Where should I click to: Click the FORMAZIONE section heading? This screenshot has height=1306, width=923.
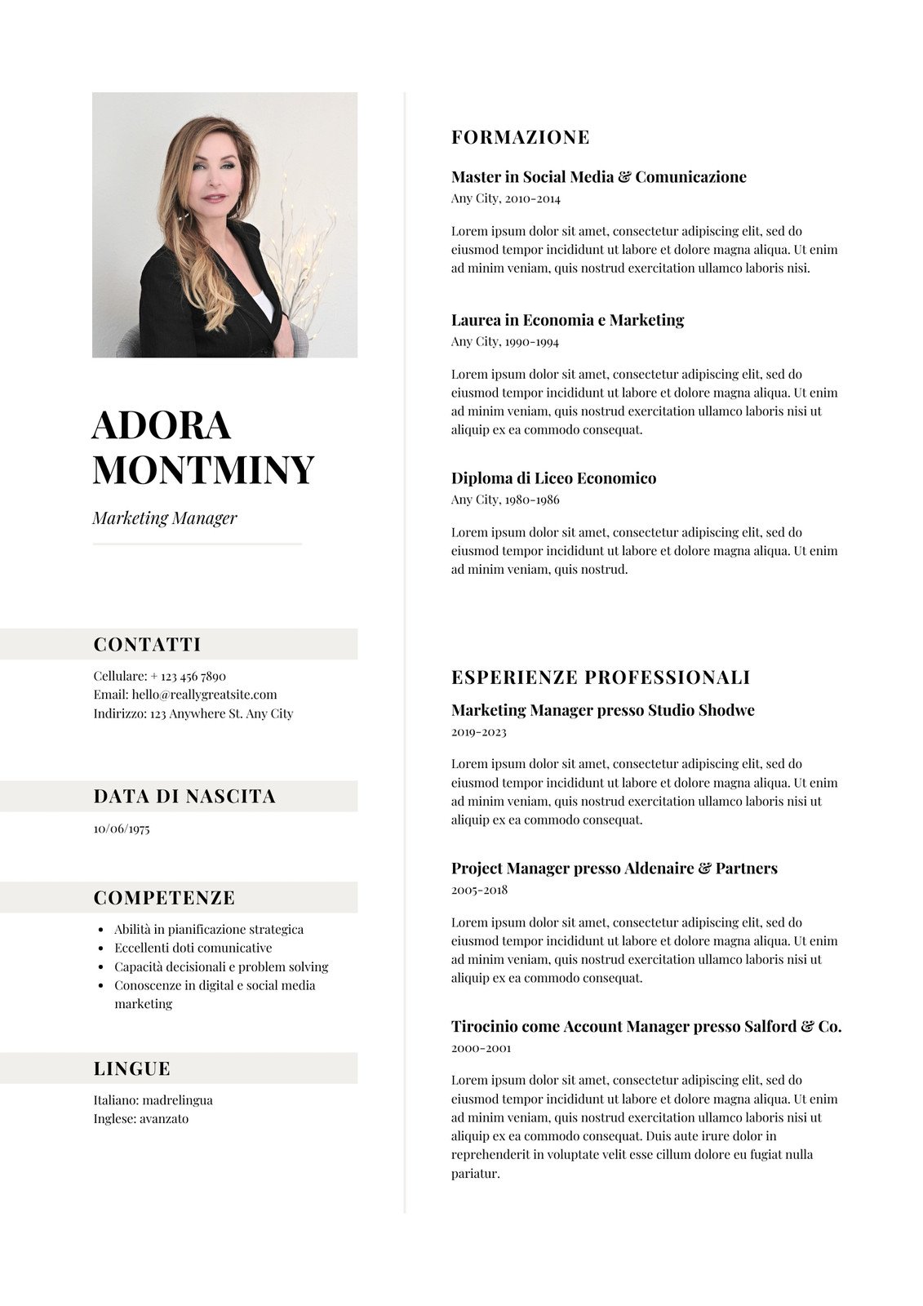520,137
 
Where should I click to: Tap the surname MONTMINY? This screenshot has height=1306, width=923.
203,469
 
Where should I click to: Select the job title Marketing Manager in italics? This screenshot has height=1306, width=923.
164,518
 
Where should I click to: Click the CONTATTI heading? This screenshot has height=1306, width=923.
147,644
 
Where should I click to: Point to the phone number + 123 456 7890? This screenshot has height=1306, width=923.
188,676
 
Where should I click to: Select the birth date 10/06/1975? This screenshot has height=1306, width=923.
122,828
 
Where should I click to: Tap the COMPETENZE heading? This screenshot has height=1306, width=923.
164,898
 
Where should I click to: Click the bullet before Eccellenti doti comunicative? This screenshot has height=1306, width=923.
100,948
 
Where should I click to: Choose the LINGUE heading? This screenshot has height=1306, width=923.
132,1068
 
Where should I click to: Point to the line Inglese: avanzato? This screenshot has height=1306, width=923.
140,1118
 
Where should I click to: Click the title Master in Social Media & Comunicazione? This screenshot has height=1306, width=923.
598,177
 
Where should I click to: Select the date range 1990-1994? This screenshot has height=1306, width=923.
531,342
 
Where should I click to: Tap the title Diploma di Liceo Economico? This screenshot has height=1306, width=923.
553,478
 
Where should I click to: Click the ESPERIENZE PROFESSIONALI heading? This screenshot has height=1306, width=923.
601,677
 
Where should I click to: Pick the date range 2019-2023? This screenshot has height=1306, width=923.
478,732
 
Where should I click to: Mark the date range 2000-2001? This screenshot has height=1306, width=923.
481,1048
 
